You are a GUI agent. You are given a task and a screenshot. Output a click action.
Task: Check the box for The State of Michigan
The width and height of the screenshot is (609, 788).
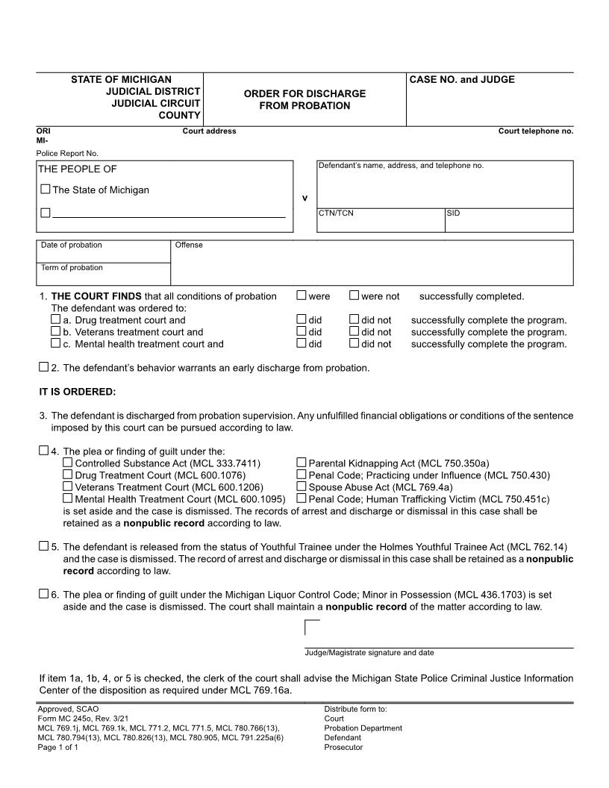(46, 190)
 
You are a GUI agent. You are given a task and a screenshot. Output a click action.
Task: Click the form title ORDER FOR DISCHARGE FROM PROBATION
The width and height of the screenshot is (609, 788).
(304, 99)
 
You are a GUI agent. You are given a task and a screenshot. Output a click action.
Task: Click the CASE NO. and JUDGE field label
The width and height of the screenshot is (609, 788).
(462, 80)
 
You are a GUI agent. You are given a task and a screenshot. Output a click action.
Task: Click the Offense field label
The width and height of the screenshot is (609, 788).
(189, 246)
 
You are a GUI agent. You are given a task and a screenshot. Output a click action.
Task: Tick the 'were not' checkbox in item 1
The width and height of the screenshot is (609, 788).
(354, 295)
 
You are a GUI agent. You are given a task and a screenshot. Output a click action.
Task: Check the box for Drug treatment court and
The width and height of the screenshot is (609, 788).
(55, 319)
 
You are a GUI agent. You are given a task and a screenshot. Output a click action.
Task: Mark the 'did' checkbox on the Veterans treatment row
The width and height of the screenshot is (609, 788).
(302, 331)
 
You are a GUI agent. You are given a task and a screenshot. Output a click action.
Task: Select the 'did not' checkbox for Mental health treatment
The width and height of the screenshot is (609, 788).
(354, 343)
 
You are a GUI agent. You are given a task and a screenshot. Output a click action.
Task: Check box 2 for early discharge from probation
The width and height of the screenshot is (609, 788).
(43, 367)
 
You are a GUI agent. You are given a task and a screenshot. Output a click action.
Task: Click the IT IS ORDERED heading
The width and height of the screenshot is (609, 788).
(78, 392)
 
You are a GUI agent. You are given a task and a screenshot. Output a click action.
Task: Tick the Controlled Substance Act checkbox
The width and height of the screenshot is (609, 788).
(68, 463)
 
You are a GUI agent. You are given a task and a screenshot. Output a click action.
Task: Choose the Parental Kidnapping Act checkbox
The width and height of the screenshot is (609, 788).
(302, 463)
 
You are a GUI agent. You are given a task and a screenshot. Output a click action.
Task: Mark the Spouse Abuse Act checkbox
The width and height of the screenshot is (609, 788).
(302, 487)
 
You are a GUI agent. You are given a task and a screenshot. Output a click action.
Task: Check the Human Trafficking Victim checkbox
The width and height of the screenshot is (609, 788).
(302, 498)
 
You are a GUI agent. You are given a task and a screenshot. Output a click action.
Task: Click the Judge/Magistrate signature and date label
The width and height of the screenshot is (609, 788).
(369, 653)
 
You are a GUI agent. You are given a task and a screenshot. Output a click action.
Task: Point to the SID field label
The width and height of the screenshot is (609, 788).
(454, 213)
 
